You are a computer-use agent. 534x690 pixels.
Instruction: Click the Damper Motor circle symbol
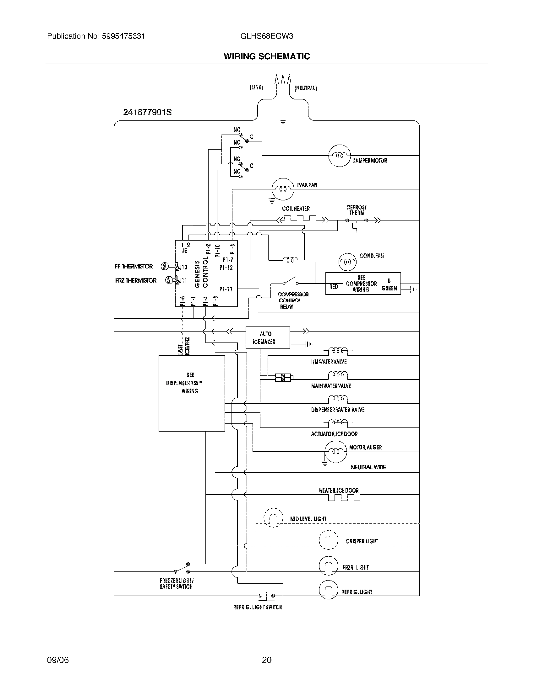point(340,156)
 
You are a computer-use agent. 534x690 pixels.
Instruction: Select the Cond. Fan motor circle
point(347,262)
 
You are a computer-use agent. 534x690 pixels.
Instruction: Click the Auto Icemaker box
point(268,338)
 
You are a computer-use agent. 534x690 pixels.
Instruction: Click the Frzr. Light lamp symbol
point(328,565)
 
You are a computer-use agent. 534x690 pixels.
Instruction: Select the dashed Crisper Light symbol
point(328,540)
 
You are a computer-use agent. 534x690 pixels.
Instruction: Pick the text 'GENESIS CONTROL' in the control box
point(201,273)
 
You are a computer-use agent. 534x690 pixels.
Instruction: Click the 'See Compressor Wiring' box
point(363,284)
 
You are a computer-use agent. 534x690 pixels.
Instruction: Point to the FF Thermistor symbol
point(164,266)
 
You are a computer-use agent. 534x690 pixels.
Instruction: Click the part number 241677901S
point(147,112)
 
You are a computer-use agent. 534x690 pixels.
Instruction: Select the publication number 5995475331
point(123,36)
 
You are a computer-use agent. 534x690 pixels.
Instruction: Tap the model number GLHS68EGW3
point(266,36)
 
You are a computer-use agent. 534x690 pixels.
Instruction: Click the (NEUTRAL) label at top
point(305,88)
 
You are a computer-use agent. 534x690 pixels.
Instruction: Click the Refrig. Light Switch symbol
point(266,596)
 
